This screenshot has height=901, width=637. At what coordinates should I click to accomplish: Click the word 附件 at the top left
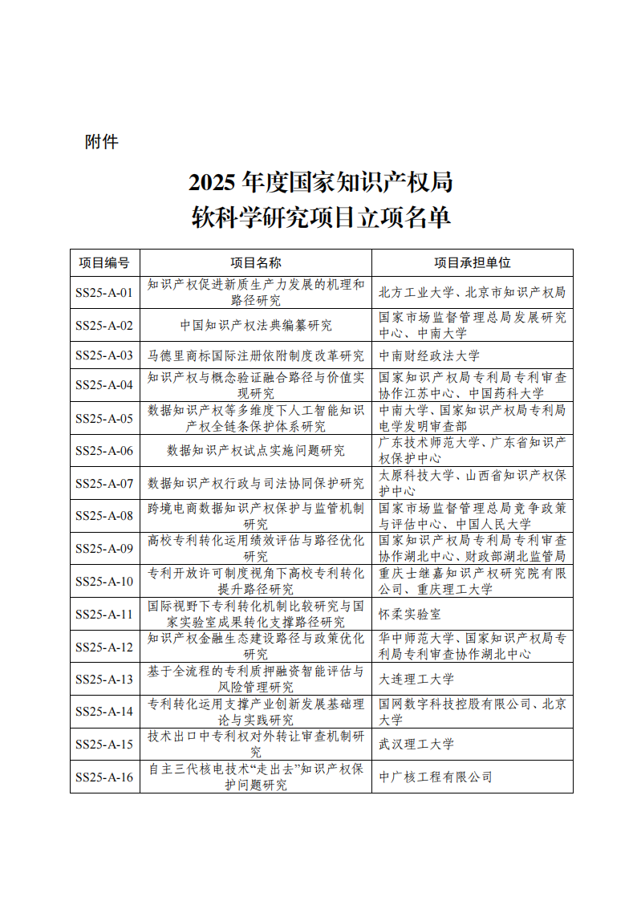(101, 142)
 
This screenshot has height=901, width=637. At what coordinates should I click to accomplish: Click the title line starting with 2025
(320, 183)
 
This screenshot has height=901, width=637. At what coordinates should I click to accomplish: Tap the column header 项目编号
(104, 262)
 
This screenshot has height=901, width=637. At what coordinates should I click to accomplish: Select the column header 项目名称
(255, 262)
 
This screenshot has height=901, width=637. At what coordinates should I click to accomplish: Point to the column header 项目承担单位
(472, 262)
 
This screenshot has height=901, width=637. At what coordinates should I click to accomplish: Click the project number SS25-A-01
(104, 293)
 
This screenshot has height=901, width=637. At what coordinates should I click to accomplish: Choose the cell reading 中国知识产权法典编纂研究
(255, 326)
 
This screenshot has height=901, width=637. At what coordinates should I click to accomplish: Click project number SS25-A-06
(104, 451)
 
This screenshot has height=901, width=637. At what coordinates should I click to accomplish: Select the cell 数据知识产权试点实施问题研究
(255, 451)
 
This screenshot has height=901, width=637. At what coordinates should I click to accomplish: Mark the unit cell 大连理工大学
(416, 680)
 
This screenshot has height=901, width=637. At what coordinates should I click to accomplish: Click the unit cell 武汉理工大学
(416, 745)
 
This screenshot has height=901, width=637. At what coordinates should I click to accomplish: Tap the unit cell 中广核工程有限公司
(435, 777)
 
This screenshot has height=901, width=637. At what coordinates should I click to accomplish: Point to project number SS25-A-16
(104, 777)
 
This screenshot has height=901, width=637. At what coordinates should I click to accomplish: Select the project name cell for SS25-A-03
(255, 355)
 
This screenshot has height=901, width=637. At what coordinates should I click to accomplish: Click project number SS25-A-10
(104, 582)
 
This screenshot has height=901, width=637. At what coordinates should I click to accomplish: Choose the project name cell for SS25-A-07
(255, 483)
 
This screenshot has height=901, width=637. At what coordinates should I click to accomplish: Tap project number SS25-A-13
(104, 680)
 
